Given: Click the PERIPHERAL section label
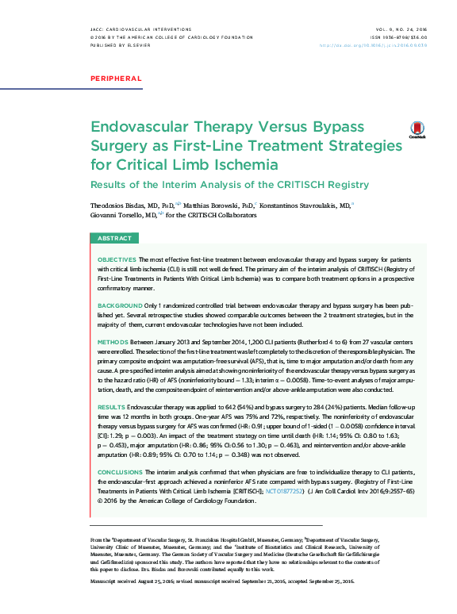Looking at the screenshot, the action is point(117,79).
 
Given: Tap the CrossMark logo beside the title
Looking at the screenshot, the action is point(417,130).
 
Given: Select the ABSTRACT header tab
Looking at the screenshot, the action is point(114,239).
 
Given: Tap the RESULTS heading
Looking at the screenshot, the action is point(111,407).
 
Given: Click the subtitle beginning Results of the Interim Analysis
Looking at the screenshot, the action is point(229,185).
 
